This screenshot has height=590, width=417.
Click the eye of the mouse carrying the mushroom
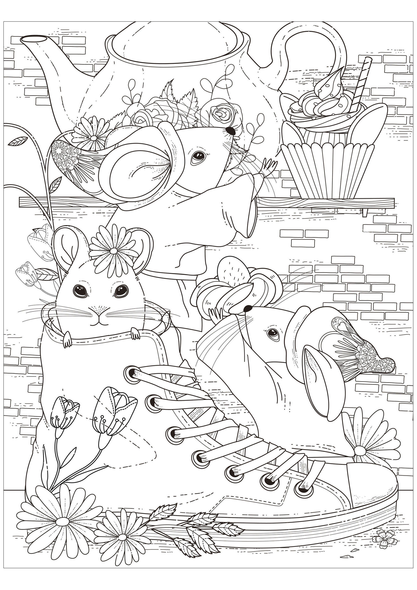272,333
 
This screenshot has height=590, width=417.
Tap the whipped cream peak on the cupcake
326,85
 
